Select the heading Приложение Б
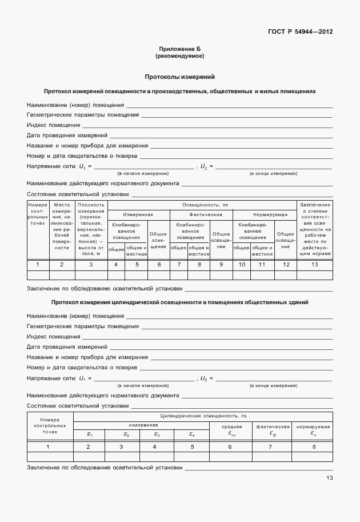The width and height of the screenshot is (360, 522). point(179,50)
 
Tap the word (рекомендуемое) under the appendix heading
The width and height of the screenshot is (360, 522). point(179,57)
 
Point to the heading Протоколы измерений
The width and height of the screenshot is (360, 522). point(179,77)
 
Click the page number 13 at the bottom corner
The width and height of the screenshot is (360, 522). point(329,478)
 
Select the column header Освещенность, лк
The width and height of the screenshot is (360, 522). point(201,204)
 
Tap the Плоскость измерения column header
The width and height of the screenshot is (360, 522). point(91,229)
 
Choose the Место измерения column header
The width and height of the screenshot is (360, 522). point(61,226)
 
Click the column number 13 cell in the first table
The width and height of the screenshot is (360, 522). point(314,264)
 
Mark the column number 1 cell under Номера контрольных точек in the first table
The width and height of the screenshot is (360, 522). point(38,264)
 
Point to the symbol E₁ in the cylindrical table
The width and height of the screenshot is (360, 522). point(89,435)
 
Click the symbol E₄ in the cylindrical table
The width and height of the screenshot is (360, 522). point(192,435)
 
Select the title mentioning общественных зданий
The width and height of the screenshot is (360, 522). point(179,302)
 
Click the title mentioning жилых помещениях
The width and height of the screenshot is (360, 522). point(179,91)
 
